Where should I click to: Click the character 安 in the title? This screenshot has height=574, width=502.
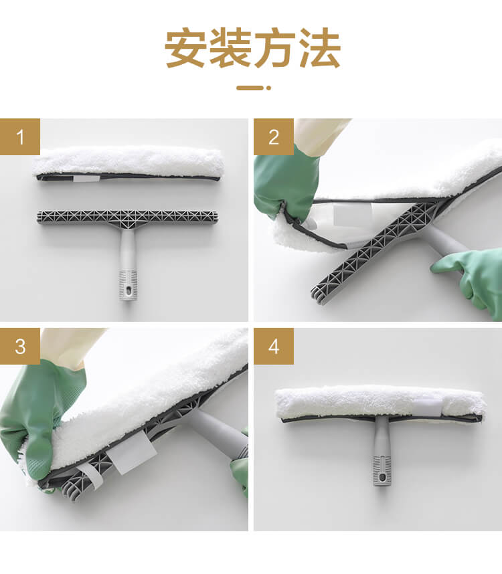[186, 48]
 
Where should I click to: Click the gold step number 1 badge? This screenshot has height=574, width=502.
[20, 136]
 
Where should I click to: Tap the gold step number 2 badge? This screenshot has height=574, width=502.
[274, 136]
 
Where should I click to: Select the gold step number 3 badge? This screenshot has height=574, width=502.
[20, 346]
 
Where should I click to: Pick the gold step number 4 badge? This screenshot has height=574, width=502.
[274, 346]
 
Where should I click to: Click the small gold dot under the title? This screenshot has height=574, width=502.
[268, 88]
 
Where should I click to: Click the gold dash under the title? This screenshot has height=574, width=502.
[250, 88]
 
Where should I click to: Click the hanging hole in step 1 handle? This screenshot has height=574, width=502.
[129, 290]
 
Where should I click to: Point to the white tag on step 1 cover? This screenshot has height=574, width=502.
[86, 178]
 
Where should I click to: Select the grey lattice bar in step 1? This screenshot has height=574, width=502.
[128, 217]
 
